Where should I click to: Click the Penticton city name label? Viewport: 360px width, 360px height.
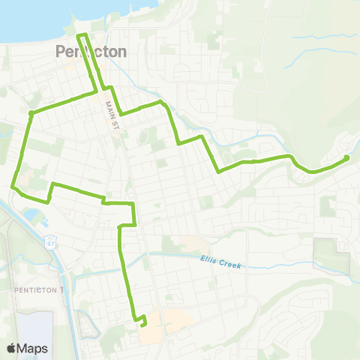[91, 52]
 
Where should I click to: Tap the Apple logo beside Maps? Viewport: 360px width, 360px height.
[12, 348]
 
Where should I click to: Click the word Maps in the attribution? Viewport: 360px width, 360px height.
[33, 348]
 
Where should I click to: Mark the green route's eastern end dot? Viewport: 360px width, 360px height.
[346, 157]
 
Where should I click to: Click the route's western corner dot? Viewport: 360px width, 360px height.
[30, 113]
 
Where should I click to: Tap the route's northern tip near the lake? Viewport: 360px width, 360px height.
[82, 35]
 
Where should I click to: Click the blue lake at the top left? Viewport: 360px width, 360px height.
[30, 19]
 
